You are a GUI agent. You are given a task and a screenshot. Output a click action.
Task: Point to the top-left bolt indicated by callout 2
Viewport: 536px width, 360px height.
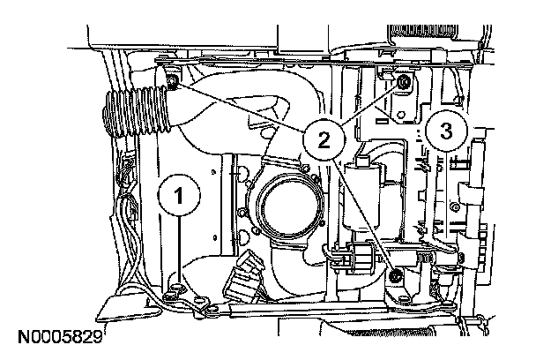[x=172, y=82]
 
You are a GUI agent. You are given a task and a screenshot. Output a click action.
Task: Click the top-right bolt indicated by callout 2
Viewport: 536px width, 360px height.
[x=402, y=83]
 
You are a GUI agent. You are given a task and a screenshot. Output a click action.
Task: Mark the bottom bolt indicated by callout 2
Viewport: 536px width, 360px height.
[x=396, y=279]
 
